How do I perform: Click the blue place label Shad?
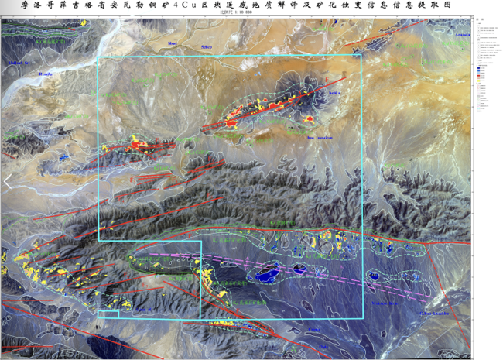pyautogui.click(x=172, y=43)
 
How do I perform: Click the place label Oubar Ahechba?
pyautogui.click(x=433, y=314)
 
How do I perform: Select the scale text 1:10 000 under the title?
pyautogui.click(x=252, y=15)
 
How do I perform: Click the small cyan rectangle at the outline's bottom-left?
pyautogui.click(x=108, y=314)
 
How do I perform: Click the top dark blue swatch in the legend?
pyautogui.click(x=480, y=67)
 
